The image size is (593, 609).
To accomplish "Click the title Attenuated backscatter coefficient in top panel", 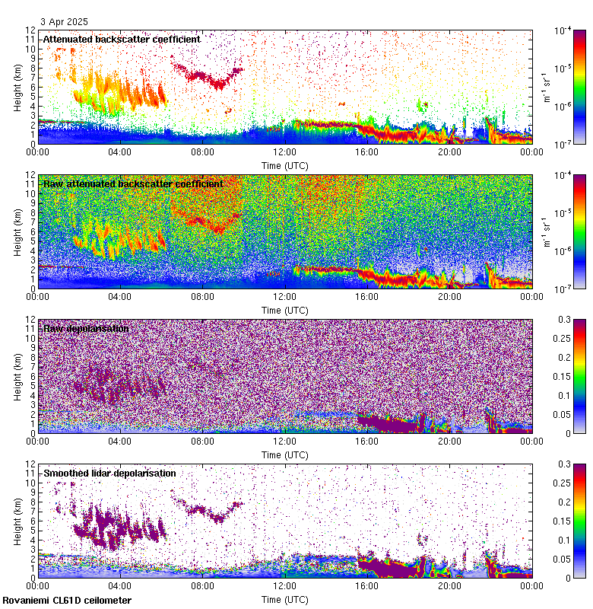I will click(x=122, y=39).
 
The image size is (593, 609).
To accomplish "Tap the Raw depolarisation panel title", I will click(x=85, y=328).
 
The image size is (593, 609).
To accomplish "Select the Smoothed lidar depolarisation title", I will click(x=109, y=473).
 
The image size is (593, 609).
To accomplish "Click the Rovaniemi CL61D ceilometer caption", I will click(x=67, y=601).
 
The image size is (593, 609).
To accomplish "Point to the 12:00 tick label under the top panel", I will click(x=285, y=151).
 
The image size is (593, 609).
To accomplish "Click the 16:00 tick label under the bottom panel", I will click(x=367, y=585).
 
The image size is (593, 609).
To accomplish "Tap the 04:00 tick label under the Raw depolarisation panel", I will click(x=120, y=441).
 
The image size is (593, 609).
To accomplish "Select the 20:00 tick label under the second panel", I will click(x=449, y=296).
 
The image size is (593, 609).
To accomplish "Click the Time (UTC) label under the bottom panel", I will click(x=285, y=599).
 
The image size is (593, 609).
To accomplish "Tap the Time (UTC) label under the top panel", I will click(x=285, y=165).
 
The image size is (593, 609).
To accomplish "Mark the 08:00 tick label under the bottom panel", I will click(x=203, y=585).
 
